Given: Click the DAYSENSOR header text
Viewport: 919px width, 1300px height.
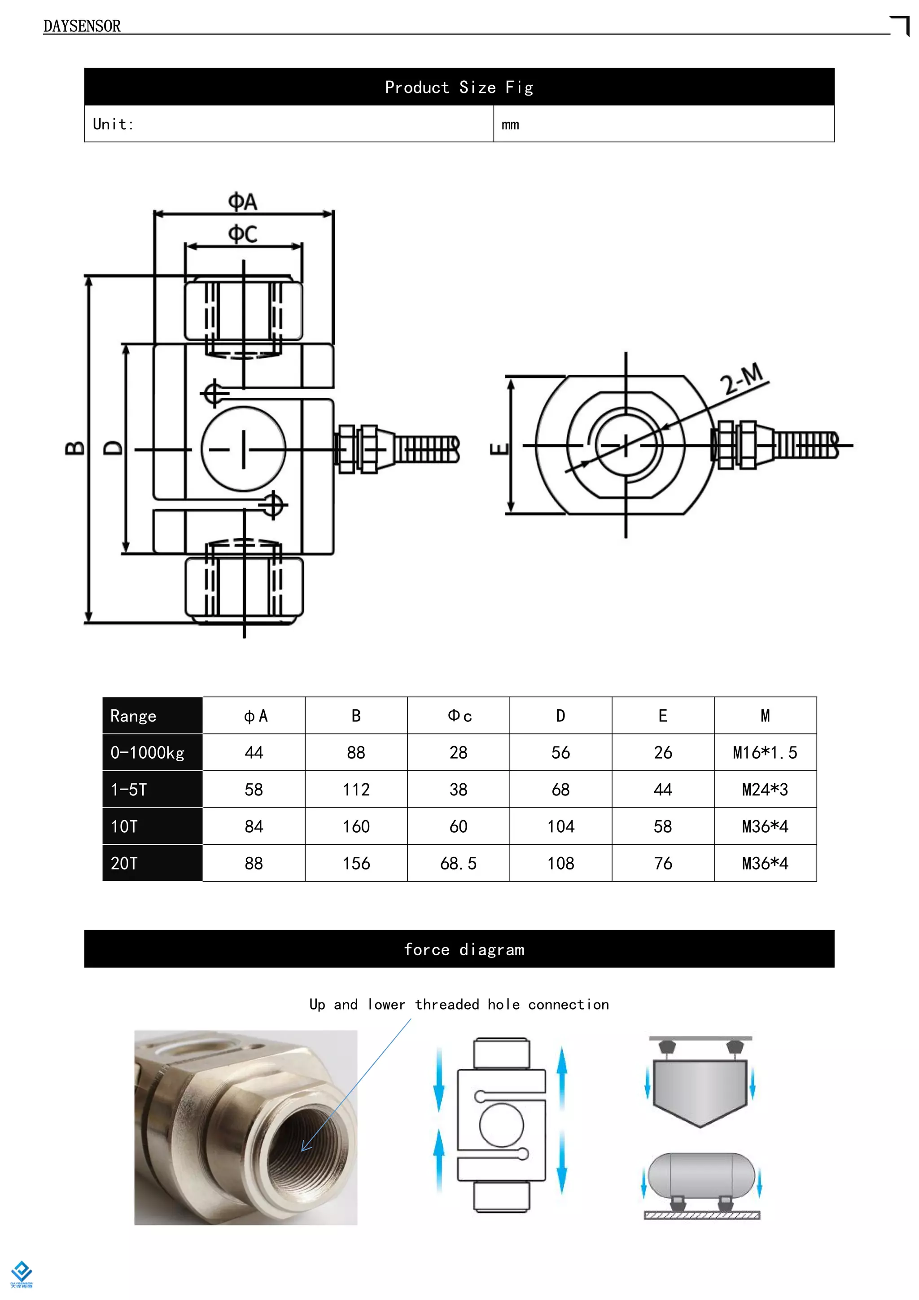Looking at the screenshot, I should click(x=82, y=26).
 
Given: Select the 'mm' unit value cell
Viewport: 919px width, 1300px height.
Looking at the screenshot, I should click(x=510, y=124).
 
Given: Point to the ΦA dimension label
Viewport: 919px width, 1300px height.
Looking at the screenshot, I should click(x=242, y=202).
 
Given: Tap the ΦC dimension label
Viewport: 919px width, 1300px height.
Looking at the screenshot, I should click(x=242, y=234).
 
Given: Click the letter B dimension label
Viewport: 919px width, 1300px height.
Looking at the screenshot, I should click(x=74, y=448).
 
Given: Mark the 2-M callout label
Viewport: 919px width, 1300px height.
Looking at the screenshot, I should click(x=743, y=378).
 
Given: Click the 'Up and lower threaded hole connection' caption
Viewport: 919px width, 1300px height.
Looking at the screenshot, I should click(x=459, y=1005).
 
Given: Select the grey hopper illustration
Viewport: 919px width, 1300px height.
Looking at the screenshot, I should click(x=700, y=1090).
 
